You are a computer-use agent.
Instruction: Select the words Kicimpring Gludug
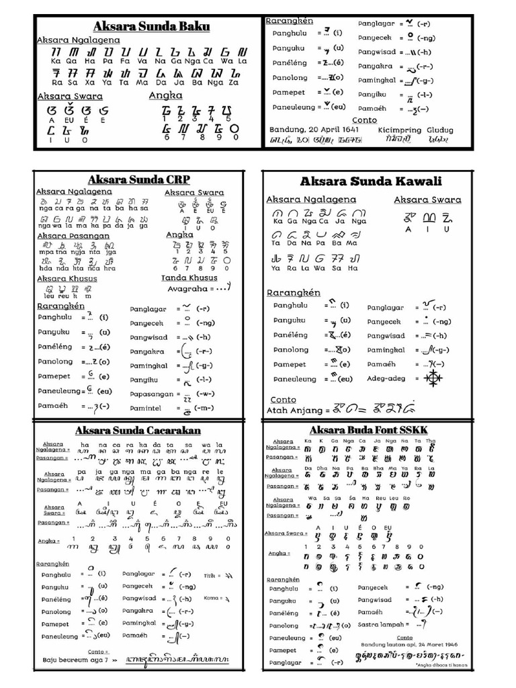[416, 130]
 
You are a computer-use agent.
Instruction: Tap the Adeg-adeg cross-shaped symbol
[431, 378]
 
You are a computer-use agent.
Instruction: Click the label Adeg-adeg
[386, 378]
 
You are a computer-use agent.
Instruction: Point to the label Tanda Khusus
[189, 277]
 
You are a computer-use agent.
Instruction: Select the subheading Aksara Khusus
[67, 278]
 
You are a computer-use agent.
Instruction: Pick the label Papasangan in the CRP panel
[151, 394]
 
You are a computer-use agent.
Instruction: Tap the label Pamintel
[148, 408]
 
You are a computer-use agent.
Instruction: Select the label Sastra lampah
[382, 625]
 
